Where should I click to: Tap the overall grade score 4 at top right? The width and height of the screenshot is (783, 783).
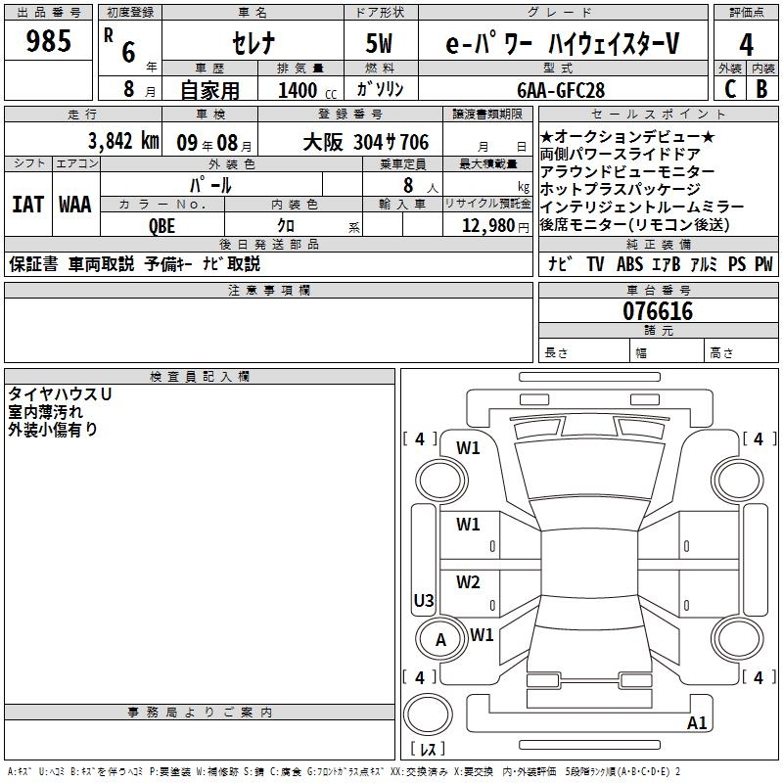click(x=747, y=46)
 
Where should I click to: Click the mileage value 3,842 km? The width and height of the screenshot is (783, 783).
click(x=123, y=141)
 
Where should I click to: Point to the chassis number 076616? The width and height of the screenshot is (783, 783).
click(x=658, y=312)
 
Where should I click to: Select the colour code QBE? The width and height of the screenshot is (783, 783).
click(x=163, y=223)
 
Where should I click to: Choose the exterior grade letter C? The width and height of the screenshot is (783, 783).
click(x=729, y=89)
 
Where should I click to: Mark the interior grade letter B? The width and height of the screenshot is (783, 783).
click(x=761, y=89)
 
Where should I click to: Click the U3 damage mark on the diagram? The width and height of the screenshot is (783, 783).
click(x=424, y=600)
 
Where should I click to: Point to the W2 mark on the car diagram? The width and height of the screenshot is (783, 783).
click(x=468, y=582)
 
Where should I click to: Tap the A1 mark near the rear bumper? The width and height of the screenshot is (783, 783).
click(x=698, y=723)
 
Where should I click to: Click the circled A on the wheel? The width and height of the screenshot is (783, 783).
click(x=440, y=640)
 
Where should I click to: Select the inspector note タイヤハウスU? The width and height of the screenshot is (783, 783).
click(x=60, y=392)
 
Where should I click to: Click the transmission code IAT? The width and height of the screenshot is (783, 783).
click(x=26, y=205)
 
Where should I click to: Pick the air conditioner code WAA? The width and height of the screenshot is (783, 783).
click(x=75, y=205)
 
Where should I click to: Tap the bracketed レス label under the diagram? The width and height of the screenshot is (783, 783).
click(x=427, y=750)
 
